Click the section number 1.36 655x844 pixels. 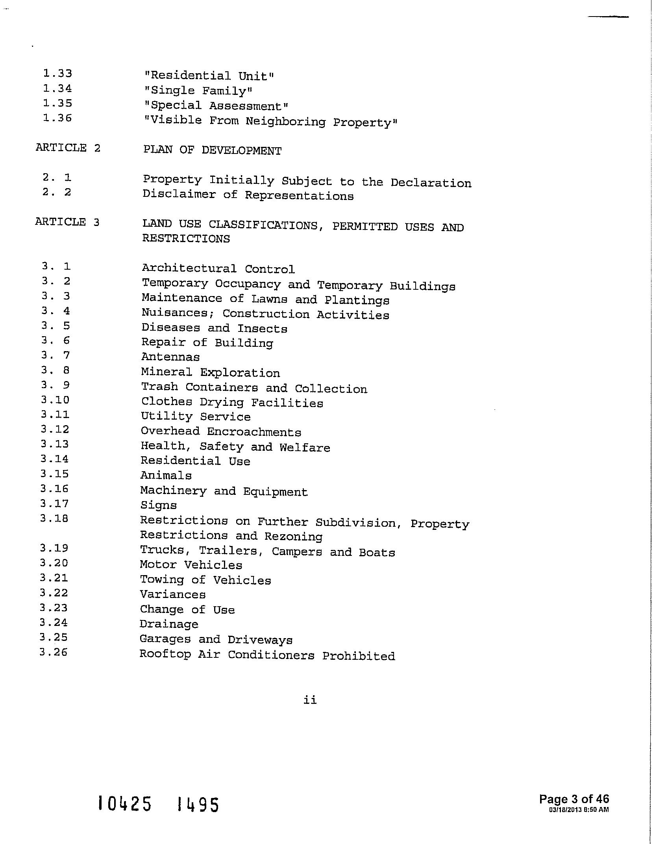(57, 118)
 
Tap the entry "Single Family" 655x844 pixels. (198, 91)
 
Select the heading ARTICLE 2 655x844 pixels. (68, 148)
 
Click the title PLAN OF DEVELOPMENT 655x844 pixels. (212, 150)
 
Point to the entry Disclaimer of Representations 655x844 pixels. (248, 195)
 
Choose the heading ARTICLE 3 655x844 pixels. (67, 222)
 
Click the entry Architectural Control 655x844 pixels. (218, 269)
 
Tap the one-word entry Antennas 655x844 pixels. (170, 357)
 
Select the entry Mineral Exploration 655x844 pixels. (211, 372)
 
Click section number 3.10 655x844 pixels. (55, 400)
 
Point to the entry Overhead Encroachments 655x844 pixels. (221, 431)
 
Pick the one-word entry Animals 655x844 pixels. (166, 476)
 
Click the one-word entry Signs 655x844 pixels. (159, 505)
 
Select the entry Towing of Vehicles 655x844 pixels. (205, 580)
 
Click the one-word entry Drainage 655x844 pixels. (169, 624)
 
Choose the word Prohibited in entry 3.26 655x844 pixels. (358, 656)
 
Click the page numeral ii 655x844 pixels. (310, 700)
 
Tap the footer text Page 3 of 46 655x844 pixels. (574, 799)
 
